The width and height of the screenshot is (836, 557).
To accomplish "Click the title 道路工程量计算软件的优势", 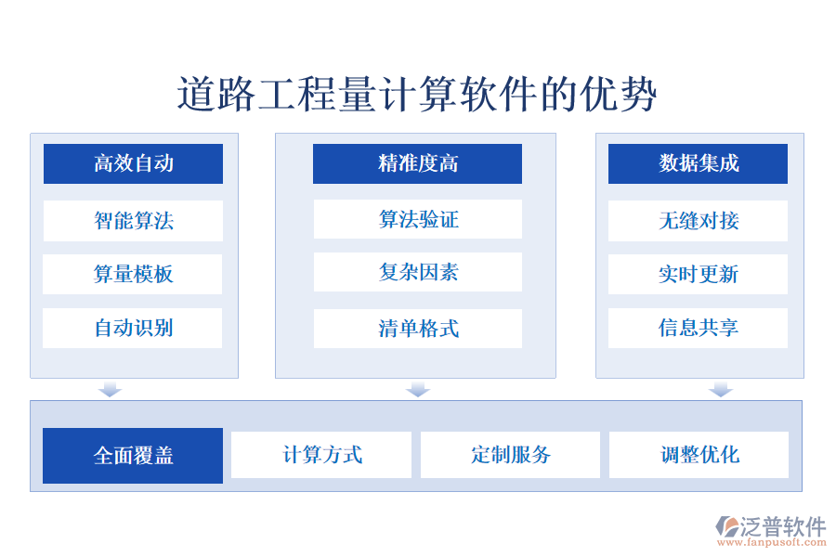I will pos(417,95).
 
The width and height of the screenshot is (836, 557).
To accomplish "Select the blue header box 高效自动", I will pos(133,164).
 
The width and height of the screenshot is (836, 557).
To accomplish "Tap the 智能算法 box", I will pos(133,221).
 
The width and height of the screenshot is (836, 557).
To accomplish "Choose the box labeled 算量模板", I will pos(133,275).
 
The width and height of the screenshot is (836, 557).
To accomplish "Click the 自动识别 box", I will pos(133,328).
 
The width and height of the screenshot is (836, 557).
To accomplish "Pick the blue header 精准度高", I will pos(417,164).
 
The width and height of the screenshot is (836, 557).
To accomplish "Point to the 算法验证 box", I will pos(417,220).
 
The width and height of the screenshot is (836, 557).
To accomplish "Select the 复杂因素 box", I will pos(417,273).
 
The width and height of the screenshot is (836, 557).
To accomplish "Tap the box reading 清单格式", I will pos(417,329).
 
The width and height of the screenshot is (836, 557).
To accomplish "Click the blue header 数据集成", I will pos(698,164).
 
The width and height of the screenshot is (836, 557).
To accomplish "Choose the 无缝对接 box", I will pos(698,221).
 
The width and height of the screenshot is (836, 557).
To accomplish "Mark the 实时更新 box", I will pos(698,275).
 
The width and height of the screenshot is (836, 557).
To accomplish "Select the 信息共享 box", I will pos(698,328).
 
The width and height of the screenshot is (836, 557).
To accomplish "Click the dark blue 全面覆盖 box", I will pos(133,456).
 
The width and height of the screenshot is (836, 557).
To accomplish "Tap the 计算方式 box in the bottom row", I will pos(321,455).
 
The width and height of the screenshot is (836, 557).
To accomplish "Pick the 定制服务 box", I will pos(510,455).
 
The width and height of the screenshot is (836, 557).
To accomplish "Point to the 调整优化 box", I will pos(699,455).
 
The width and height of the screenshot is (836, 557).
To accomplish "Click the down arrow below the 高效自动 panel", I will pos(111,389).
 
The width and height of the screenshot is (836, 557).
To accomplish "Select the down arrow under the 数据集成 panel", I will pos(721,389).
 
